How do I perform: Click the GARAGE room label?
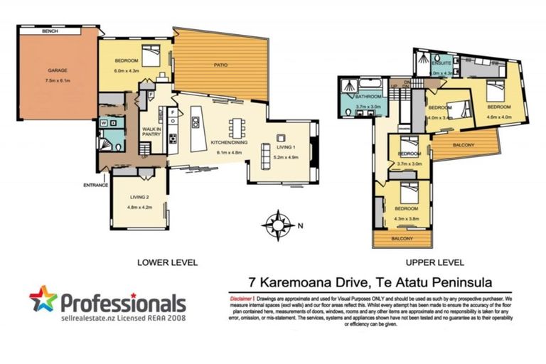(x=57, y=70)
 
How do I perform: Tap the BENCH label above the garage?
(x=50, y=31)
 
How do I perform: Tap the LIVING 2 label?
(x=139, y=197)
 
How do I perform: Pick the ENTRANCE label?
(x=96, y=185)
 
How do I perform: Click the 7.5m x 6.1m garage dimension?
(x=57, y=79)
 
